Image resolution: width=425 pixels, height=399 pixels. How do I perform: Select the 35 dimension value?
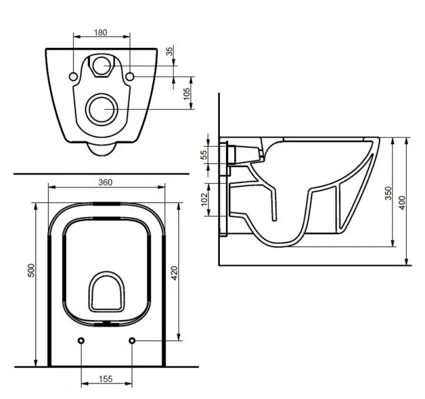click(171, 52)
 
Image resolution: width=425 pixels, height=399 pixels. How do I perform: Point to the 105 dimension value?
click(187, 93)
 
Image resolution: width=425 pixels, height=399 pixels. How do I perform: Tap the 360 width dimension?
click(106, 182)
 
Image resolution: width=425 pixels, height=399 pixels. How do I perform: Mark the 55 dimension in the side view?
click(205, 154)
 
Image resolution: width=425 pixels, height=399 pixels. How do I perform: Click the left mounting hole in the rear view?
click(73, 76)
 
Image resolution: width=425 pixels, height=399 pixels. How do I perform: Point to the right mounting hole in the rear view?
click(131, 76)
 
